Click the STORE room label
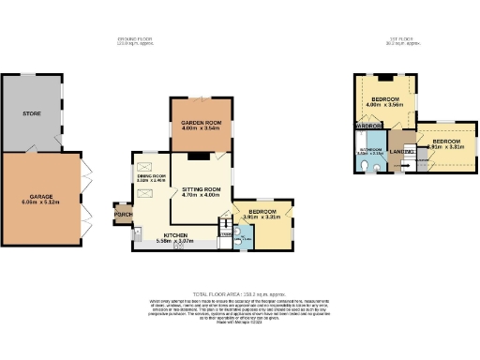[x=32, y=113]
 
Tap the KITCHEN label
[x=176, y=234]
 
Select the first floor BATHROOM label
[x=370, y=148]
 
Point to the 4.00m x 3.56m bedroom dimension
[x=385, y=105]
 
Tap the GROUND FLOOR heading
[x=133, y=38]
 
